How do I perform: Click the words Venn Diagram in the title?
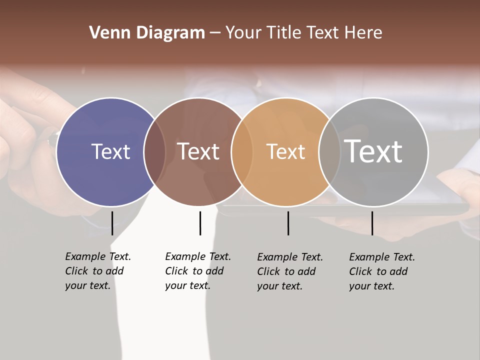pyautogui.click(x=147, y=33)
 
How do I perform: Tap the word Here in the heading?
pyautogui.click(x=363, y=33)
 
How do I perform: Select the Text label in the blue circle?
pyautogui.click(x=110, y=151)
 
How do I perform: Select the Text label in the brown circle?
pyautogui.click(x=198, y=151)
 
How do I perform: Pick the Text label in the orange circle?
pyautogui.click(x=285, y=151)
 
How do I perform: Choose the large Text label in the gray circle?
pyautogui.click(x=373, y=151)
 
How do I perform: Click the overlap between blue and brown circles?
pyautogui.click(x=155, y=152)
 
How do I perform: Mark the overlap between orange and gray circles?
pyautogui.click(x=329, y=152)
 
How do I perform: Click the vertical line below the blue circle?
pyautogui.click(x=112, y=223)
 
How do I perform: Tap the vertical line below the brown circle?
pyautogui.click(x=200, y=223)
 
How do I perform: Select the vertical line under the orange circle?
pyautogui.click(x=288, y=223)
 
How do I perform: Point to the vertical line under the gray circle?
pyautogui.click(x=372, y=223)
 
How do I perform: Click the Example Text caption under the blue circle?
pyautogui.click(x=97, y=271)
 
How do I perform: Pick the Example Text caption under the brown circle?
pyautogui.click(x=197, y=271)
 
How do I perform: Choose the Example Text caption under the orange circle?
pyautogui.click(x=289, y=271)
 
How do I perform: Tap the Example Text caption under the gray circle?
pyautogui.click(x=381, y=271)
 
